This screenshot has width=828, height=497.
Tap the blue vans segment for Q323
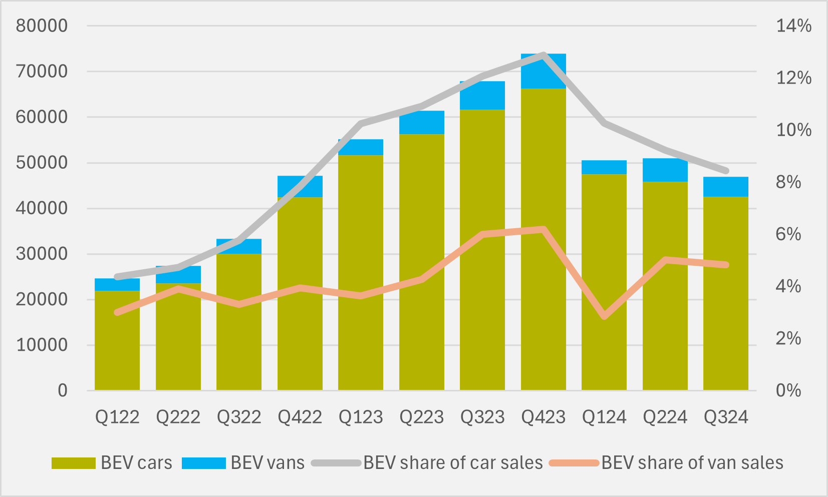482,96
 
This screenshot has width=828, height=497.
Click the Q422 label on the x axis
300,417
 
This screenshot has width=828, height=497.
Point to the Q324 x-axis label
726,417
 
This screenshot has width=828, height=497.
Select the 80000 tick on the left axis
42,26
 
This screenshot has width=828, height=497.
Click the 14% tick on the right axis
793,26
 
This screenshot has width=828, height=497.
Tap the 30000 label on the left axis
42,254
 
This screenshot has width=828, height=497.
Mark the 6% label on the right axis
788,234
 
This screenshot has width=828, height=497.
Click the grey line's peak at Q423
543,55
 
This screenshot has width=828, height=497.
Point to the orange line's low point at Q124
605,316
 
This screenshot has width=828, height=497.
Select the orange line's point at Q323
483,234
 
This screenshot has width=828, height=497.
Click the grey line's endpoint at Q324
726,171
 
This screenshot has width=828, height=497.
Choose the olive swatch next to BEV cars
73,463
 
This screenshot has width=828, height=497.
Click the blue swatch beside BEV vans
203,463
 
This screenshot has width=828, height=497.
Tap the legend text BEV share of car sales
453,463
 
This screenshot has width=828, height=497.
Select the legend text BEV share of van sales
692,463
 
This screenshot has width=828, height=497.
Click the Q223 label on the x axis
421,417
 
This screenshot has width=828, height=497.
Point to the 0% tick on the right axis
788,390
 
